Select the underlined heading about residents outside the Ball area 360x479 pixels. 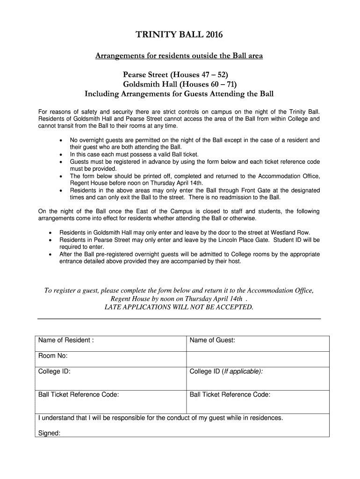click(179, 56)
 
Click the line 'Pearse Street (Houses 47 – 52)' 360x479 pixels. click(175, 75)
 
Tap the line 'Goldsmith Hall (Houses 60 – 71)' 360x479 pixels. click(180, 84)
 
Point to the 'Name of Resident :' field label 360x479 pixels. click(66, 340)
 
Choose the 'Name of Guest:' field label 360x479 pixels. click(212, 340)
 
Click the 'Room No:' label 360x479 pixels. click(53, 356)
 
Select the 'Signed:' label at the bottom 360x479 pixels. click(49, 433)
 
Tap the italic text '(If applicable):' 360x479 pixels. click(242, 371)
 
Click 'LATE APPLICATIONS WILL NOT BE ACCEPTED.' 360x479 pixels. click(179, 307)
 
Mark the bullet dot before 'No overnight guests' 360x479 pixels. click(61, 140)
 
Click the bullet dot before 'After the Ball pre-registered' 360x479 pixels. click(50, 254)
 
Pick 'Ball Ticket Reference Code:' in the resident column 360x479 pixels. click(79, 394)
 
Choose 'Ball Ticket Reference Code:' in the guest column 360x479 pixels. click(230, 394)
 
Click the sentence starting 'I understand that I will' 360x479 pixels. click(160, 418)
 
